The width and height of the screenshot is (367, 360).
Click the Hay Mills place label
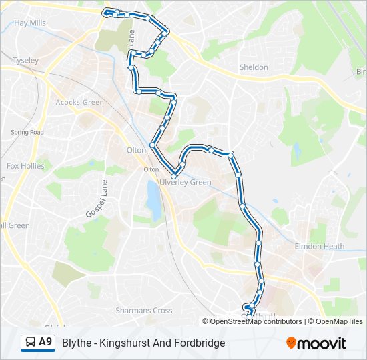(x=30, y=23)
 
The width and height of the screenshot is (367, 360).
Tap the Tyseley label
(x=25, y=60)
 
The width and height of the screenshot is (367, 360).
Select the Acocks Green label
(x=80, y=102)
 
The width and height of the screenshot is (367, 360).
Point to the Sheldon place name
(x=254, y=67)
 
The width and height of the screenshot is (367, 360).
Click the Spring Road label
(x=27, y=132)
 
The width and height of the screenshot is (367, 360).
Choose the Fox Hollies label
(x=25, y=166)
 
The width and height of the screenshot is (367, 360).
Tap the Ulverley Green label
(x=185, y=182)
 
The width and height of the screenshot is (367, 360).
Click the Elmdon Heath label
(x=320, y=246)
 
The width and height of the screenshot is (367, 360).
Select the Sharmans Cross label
(x=143, y=311)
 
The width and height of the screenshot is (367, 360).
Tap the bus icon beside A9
(x=30, y=343)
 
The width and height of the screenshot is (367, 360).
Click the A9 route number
(x=45, y=343)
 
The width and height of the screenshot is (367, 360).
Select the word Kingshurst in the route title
(x=125, y=343)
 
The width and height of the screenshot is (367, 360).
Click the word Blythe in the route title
(x=76, y=343)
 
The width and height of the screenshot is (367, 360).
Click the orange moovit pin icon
(x=292, y=343)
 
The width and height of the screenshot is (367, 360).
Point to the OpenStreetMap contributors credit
(x=256, y=321)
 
